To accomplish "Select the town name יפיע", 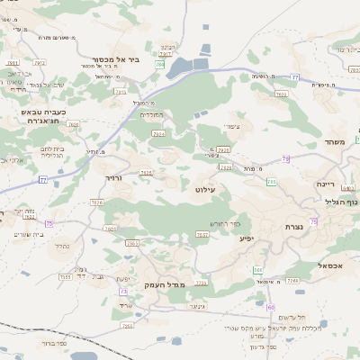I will pyautogui.click(x=246, y=239).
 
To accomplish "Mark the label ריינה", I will pyautogui.click(x=325, y=184).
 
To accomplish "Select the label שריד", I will pyautogui.click(x=125, y=305).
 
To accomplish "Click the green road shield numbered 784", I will pyautogui.click(x=159, y=65).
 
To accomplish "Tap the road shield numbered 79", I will pyautogui.click(x=285, y=158).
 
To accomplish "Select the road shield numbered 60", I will pyautogui.click(x=270, y=307).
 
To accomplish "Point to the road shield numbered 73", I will pyautogui.click(x=122, y=292).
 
